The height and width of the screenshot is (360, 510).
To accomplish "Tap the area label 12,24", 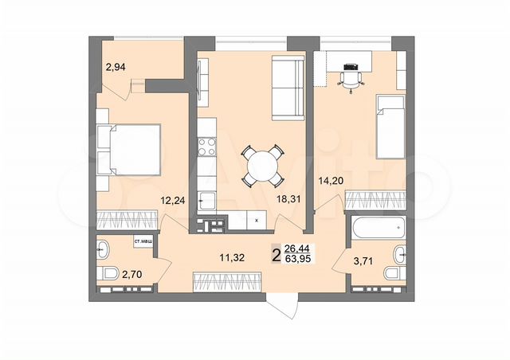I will click(175, 201).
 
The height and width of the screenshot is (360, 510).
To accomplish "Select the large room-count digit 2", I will click(276, 254).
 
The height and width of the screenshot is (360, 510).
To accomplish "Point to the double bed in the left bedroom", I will click(129, 149).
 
